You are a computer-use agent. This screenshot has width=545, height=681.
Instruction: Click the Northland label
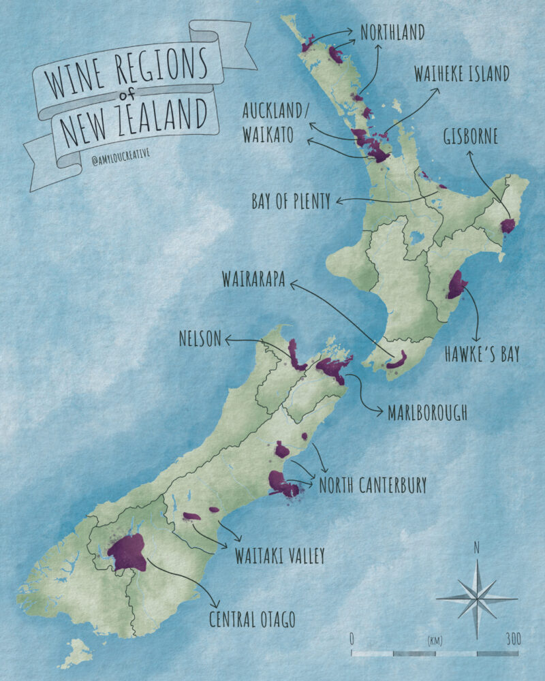pos(392,32)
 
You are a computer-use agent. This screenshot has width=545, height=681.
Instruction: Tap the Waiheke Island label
pos(462,74)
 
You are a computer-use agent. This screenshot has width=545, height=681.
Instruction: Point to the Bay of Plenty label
pos(291,201)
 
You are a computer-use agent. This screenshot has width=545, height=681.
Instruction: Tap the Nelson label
pos(200,338)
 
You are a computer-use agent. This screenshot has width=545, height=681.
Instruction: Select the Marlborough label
pos(426,413)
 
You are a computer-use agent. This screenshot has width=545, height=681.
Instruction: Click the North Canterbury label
pos(373,485)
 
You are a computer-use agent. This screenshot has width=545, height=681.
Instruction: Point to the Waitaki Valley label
pos(280,555)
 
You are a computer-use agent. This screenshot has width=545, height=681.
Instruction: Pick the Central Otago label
pos(253,619)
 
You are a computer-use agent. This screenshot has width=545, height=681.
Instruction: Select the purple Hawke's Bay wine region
pos(456,285)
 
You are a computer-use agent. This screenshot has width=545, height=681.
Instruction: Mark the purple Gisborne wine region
pos(508,226)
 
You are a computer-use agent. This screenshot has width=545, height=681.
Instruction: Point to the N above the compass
pos(477,546)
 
